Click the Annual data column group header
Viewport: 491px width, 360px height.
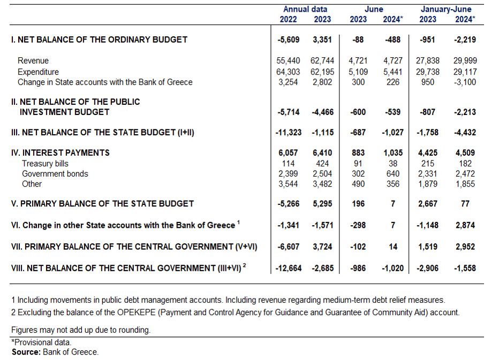[x=305, y=10]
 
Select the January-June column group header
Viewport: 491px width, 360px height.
[x=445, y=10]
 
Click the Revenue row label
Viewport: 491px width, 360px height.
[x=33, y=60]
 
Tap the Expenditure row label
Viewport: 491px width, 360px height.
[x=38, y=72]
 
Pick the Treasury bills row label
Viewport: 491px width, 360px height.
[x=45, y=164]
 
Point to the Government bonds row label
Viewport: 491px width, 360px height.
[x=55, y=174]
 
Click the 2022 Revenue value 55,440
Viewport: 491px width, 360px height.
[x=288, y=60]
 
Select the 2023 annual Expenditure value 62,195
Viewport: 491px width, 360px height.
[x=322, y=72]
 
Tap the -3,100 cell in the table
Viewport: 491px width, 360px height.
[x=465, y=82]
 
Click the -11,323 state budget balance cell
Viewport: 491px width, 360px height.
[x=289, y=132]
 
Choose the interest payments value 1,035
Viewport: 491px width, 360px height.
[x=393, y=152]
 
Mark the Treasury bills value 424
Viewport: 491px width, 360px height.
[x=322, y=164]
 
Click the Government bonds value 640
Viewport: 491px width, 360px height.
[x=393, y=174]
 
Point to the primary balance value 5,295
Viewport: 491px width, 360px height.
[x=322, y=204]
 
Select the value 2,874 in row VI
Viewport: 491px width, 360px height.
[x=465, y=225]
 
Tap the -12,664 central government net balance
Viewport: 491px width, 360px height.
[x=289, y=268]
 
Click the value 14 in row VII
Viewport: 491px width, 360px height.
[x=393, y=247]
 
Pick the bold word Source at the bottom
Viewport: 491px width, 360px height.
[x=26, y=352]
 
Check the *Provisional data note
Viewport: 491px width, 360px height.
[x=41, y=342]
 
